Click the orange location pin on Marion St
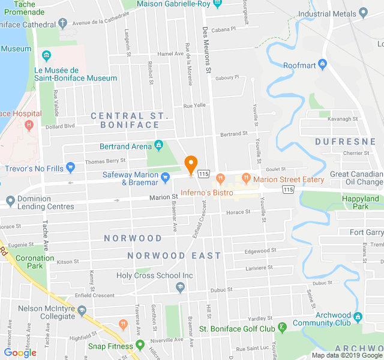coord(191,164)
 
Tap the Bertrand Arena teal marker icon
coord(158,145)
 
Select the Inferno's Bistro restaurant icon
coord(220,178)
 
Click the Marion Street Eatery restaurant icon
coord(245,178)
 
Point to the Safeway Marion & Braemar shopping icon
coord(166,176)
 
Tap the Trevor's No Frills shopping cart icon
coord(71,167)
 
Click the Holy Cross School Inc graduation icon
coord(180,288)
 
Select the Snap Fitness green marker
coord(140,345)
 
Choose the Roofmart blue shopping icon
coord(323,64)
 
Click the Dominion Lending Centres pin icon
coord(10,200)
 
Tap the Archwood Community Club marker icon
coord(358,316)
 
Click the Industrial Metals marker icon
coord(364,13)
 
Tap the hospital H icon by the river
coord(29,125)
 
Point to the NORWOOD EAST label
coord(174,256)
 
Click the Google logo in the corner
coord(20,353)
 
